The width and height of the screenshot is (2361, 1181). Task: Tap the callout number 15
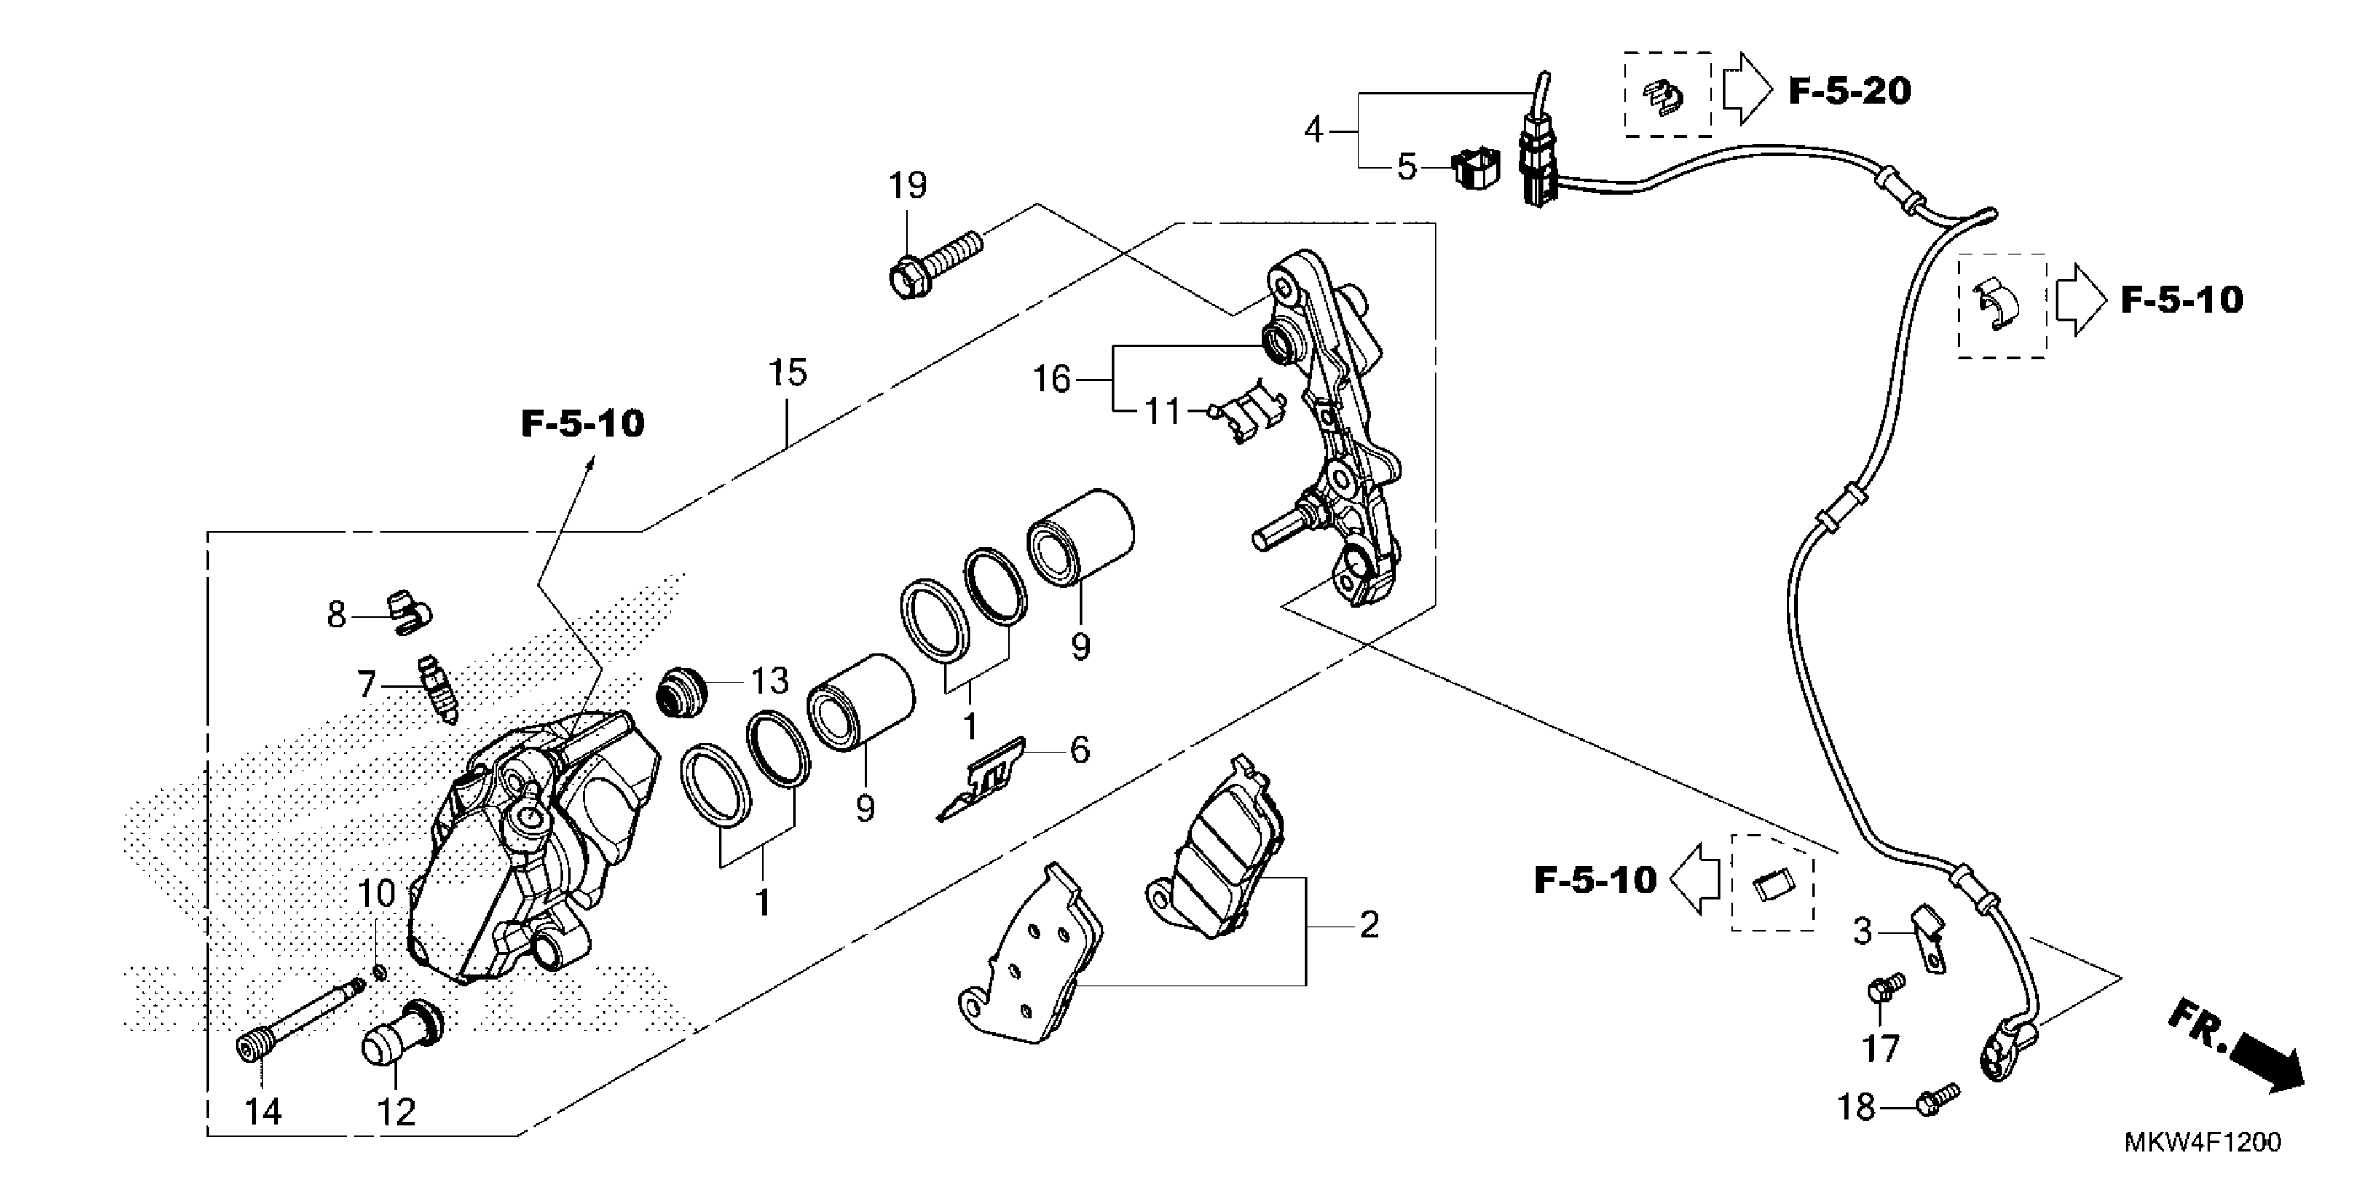787,373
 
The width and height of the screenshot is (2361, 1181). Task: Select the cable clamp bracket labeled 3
1928,949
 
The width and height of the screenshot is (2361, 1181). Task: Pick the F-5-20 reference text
1850,91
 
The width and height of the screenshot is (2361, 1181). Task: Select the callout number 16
1051,379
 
